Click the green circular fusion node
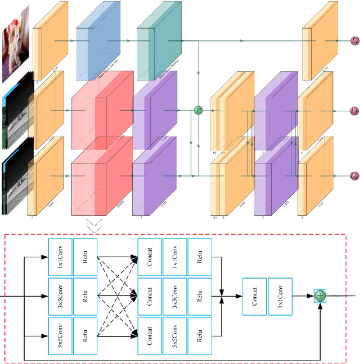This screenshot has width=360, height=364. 198,110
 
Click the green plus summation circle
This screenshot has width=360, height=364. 319,295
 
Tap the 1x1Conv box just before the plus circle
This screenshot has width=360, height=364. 280,295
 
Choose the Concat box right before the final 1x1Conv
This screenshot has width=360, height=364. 254,295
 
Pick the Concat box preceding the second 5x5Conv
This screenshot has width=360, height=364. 150,336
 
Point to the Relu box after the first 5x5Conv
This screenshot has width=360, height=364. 85,336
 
